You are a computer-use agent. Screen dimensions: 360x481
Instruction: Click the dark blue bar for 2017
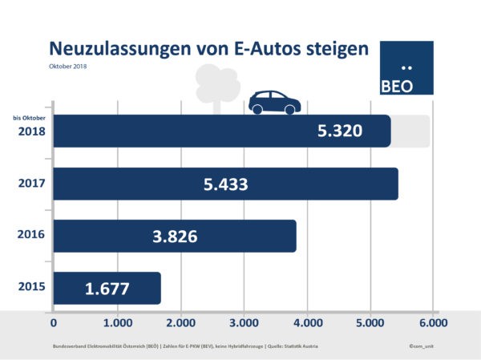coord(224,184)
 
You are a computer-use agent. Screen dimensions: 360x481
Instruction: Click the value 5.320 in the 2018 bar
coord(340,131)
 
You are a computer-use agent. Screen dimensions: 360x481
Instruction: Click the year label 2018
coord(30,133)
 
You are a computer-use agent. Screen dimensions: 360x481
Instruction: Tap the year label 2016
coord(30,236)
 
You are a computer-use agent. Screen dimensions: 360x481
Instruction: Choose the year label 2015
coord(30,287)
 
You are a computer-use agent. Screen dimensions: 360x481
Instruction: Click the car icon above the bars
coord(274,102)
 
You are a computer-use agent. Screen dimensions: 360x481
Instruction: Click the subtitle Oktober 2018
coord(67,66)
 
